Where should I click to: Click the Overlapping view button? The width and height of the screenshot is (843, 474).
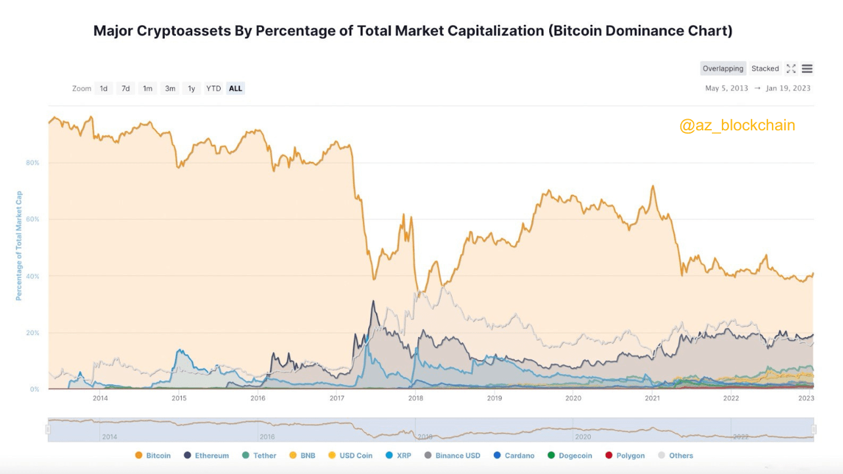[722, 68]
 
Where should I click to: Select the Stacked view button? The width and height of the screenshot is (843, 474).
[765, 68]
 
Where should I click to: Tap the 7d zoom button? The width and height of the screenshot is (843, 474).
[125, 88]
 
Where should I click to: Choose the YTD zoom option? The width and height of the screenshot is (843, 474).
[213, 88]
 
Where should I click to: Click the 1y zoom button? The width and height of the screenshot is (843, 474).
[192, 88]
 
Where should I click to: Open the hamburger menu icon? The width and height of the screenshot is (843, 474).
[807, 68]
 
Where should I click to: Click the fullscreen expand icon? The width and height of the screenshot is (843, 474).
[791, 68]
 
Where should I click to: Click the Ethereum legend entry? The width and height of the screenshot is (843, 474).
[206, 456]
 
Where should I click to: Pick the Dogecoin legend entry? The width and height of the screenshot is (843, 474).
[570, 456]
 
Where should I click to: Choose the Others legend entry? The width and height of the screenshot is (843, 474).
[675, 456]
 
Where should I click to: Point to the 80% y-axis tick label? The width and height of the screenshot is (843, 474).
[33, 163]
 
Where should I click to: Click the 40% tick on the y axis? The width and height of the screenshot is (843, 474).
[33, 276]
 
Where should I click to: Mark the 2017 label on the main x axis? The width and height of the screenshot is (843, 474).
[337, 398]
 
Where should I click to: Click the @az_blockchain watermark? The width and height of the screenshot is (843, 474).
[737, 125]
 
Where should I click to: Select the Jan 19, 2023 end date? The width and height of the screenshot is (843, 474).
[788, 88]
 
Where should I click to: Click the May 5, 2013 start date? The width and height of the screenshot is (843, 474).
[726, 88]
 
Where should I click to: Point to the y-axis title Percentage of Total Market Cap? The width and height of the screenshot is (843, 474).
[19, 246]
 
